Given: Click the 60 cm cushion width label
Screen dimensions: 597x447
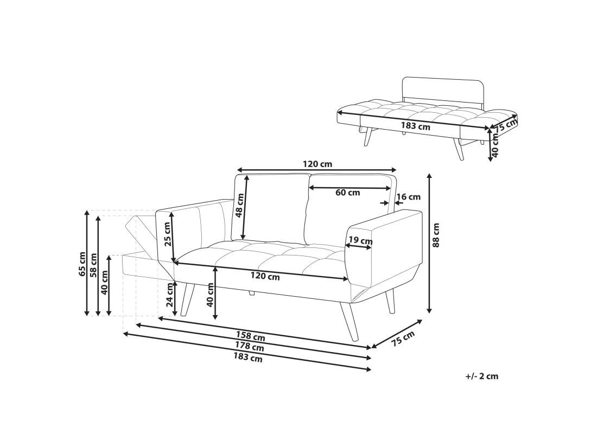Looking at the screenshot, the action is [347, 193].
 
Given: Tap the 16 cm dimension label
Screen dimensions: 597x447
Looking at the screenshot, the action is [409, 197].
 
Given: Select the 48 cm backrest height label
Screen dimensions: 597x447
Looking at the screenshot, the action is [240, 206].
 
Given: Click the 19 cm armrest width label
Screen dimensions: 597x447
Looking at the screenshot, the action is [360, 241].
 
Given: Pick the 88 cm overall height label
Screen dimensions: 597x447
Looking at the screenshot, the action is [436, 235].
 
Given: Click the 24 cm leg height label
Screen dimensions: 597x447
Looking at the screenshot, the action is [170, 295].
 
